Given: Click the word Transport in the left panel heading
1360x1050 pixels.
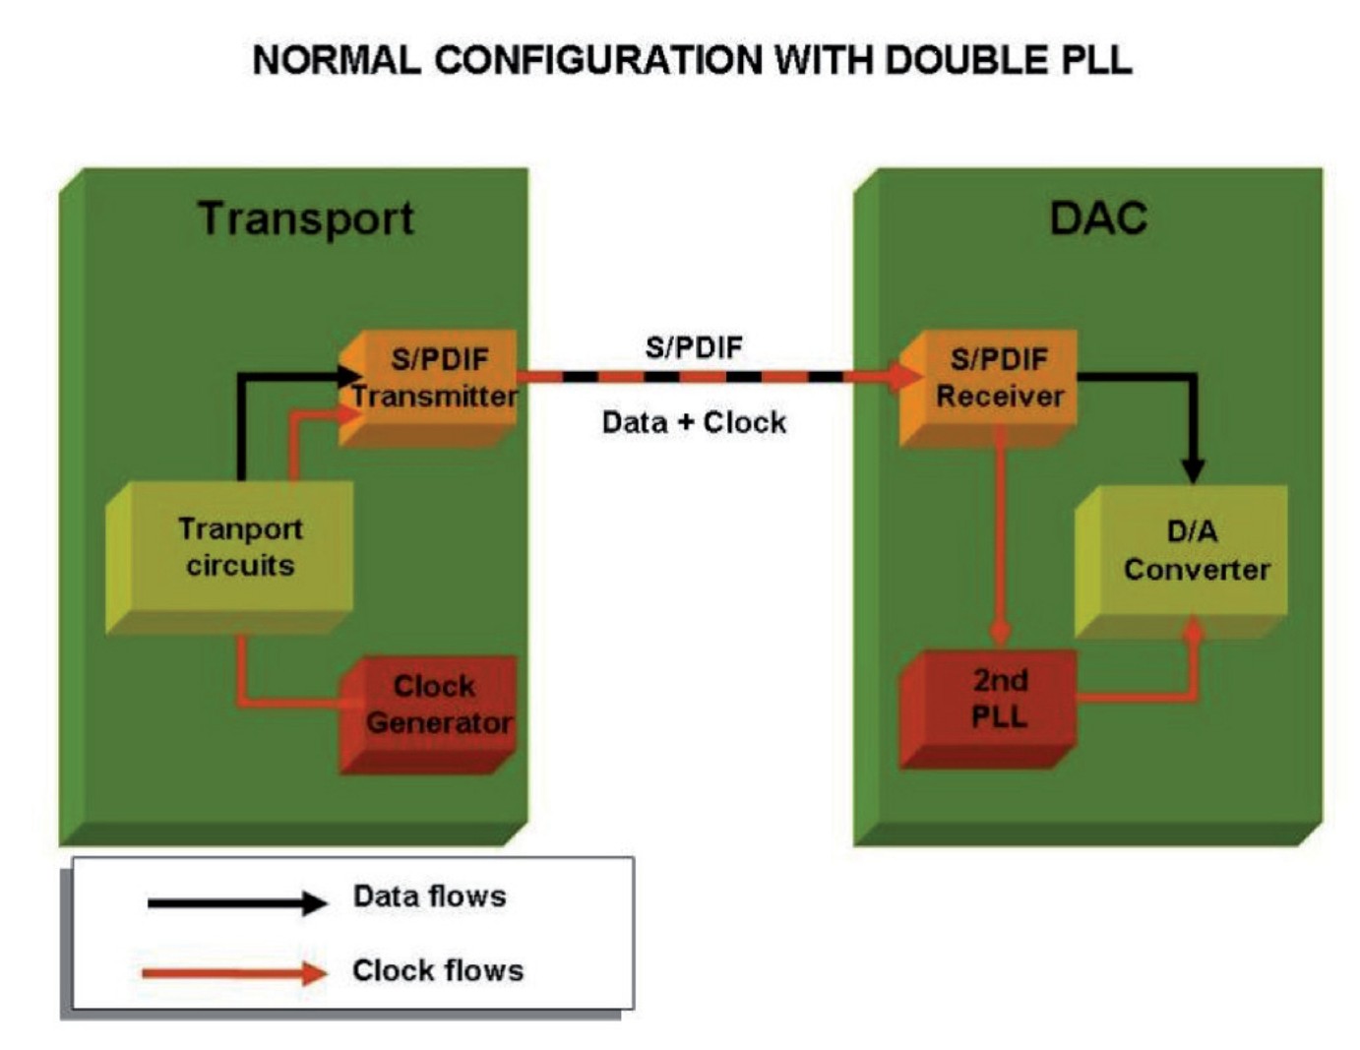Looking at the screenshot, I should [x=306, y=218].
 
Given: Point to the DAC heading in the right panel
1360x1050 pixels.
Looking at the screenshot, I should [x=1098, y=218].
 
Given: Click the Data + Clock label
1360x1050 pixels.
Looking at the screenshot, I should [x=694, y=423].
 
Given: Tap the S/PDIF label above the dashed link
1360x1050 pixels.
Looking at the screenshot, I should [x=694, y=347].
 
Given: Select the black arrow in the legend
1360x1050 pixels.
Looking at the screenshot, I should [x=236, y=902].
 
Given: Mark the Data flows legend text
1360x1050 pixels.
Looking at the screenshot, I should [x=429, y=896].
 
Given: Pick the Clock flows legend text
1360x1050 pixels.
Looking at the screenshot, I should [x=437, y=970].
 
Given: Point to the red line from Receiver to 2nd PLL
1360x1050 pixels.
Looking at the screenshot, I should [x=1000, y=531].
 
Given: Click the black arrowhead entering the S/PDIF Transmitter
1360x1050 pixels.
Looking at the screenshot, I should [x=349, y=375].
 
